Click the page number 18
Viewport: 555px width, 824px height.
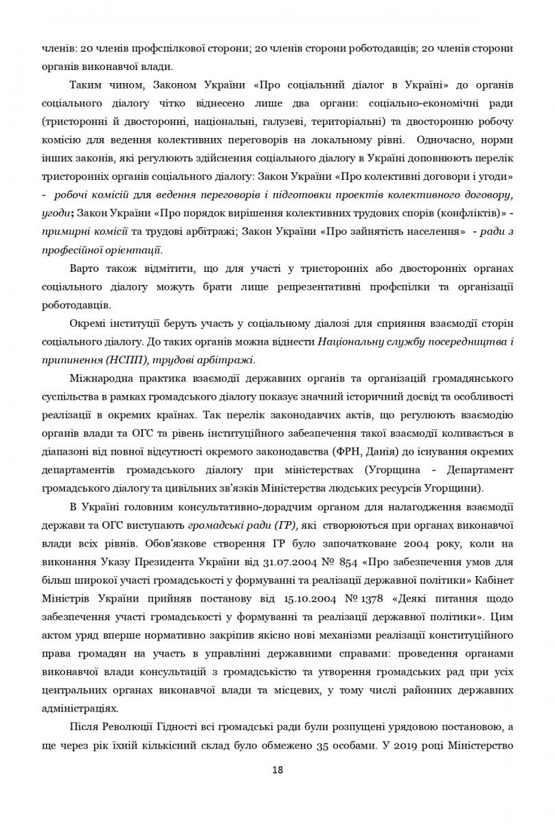pyautogui.click(x=277, y=770)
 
